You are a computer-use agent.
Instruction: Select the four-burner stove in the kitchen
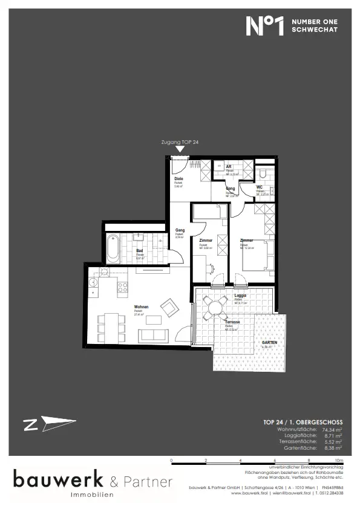122,287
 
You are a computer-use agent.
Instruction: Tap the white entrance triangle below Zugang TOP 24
179,149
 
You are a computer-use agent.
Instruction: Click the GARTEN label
269,343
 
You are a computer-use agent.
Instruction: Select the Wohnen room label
142,306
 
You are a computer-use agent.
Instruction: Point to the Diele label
178,179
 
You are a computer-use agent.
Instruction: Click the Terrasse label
232,322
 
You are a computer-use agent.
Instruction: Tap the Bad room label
139,250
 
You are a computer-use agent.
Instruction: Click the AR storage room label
229,166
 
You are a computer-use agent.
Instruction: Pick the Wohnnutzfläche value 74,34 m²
331,429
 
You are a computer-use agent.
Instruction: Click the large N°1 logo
265,26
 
